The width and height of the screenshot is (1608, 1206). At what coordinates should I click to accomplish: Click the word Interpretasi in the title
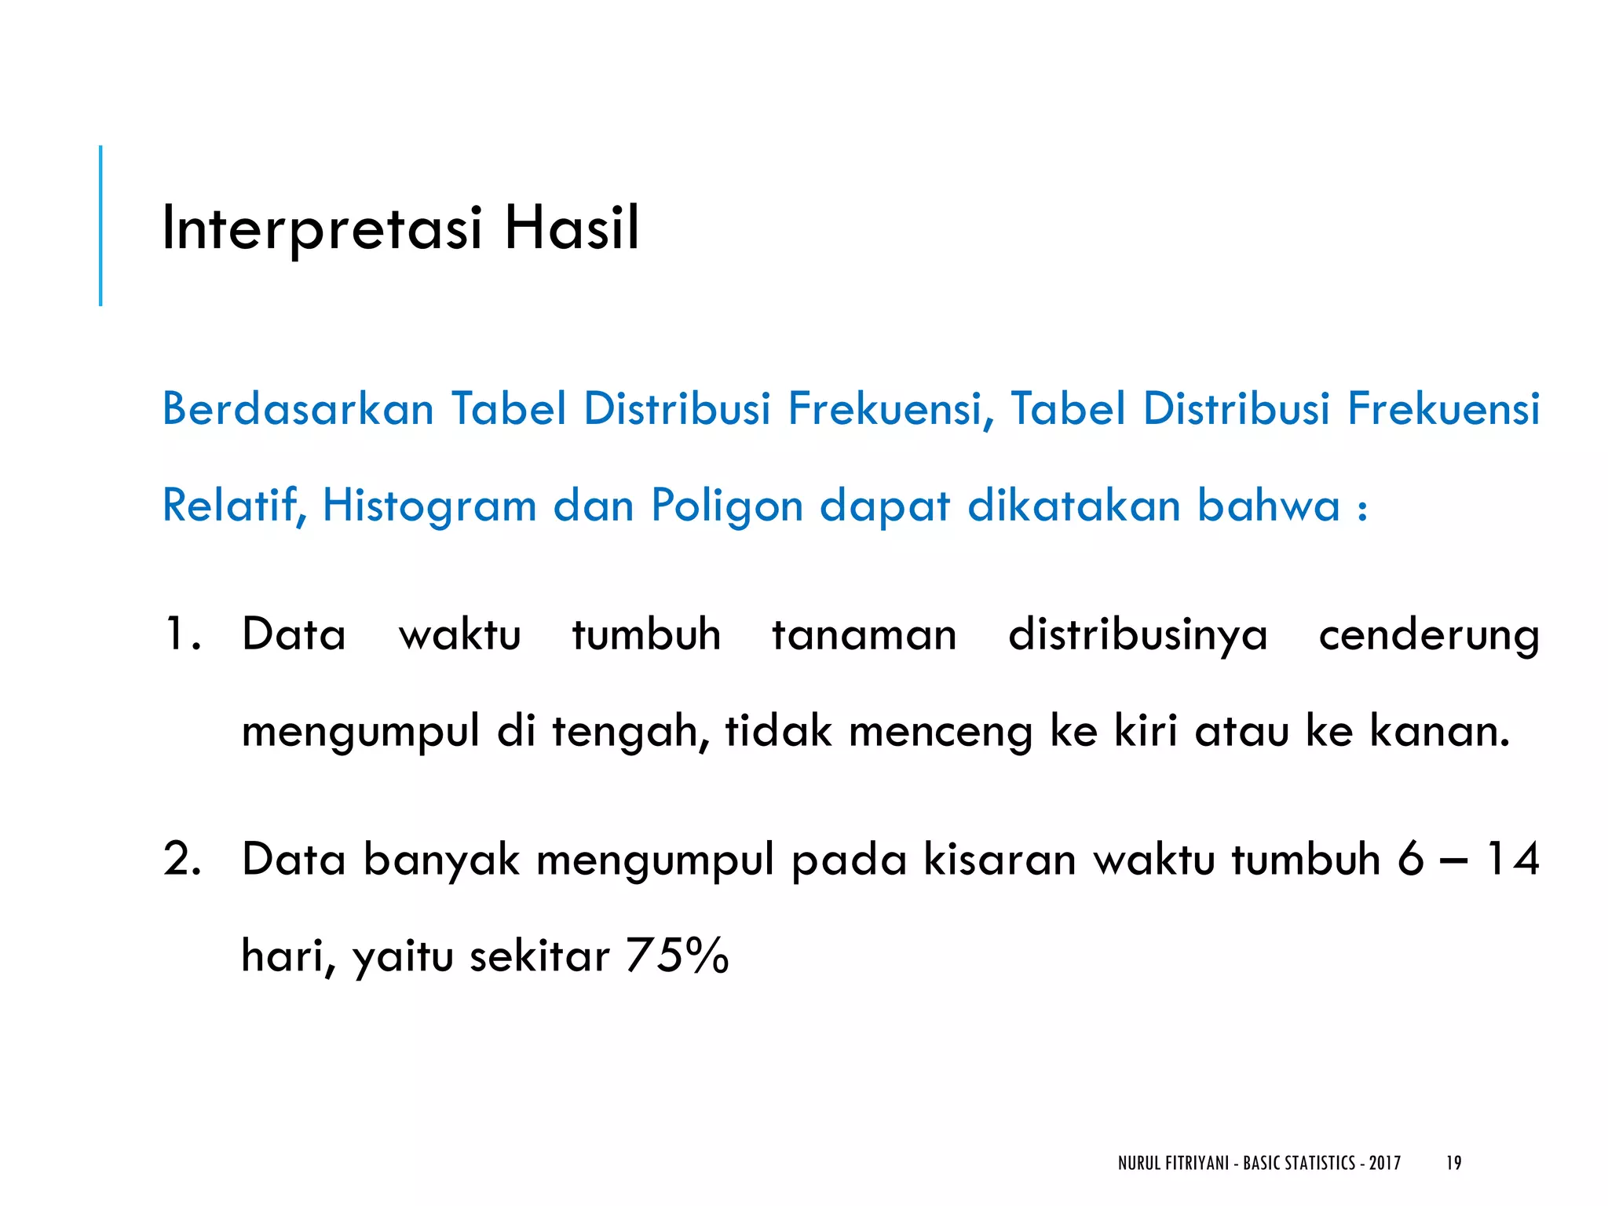pyautogui.click(x=321, y=228)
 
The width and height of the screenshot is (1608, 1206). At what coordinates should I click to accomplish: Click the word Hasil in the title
pyautogui.click(x=572, y=228)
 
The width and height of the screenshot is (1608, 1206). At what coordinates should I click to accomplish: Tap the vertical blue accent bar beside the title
pyautogui.click(x=100, y=225)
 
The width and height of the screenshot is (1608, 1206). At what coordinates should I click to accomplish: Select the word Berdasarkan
pyautogui.click(x=298, y=409)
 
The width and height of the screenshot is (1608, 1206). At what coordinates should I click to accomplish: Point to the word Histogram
pyautogui.click(x=429, y=506)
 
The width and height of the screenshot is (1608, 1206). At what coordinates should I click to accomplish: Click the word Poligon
pyautogui.click(x=727, y=506)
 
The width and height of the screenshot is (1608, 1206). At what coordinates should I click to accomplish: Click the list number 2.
pyautogui.click(x=182, y=859)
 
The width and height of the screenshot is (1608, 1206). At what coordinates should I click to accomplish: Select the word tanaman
pyautogui.click(x=864, y=634)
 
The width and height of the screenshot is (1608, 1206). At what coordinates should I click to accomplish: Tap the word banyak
pyautogui.click(x=441, y=861)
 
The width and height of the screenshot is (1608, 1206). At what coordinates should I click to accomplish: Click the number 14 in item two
pyautogui.click(x=1513, y=859)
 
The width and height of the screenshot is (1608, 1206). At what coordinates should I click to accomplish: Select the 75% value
pyautogui.click(x=678, y=956)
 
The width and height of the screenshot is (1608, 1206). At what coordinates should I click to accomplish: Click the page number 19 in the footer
pyautogui.click(x=1453, y=1163)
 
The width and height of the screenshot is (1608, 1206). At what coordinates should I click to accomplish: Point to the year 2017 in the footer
pyautogui.click(x=1385, y=1163)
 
